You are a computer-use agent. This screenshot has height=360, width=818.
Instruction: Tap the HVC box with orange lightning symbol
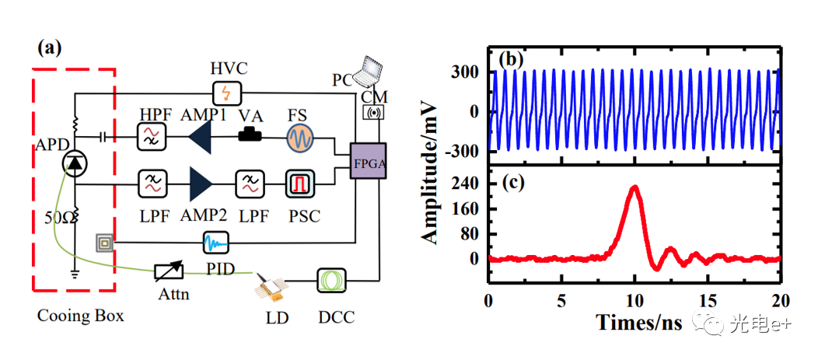coord(226,93)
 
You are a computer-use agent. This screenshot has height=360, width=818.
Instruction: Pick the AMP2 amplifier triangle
coord(201,183)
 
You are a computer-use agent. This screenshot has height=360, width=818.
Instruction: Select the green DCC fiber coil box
coord(330,281)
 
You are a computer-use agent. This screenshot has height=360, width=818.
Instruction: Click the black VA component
coord(250,136)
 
